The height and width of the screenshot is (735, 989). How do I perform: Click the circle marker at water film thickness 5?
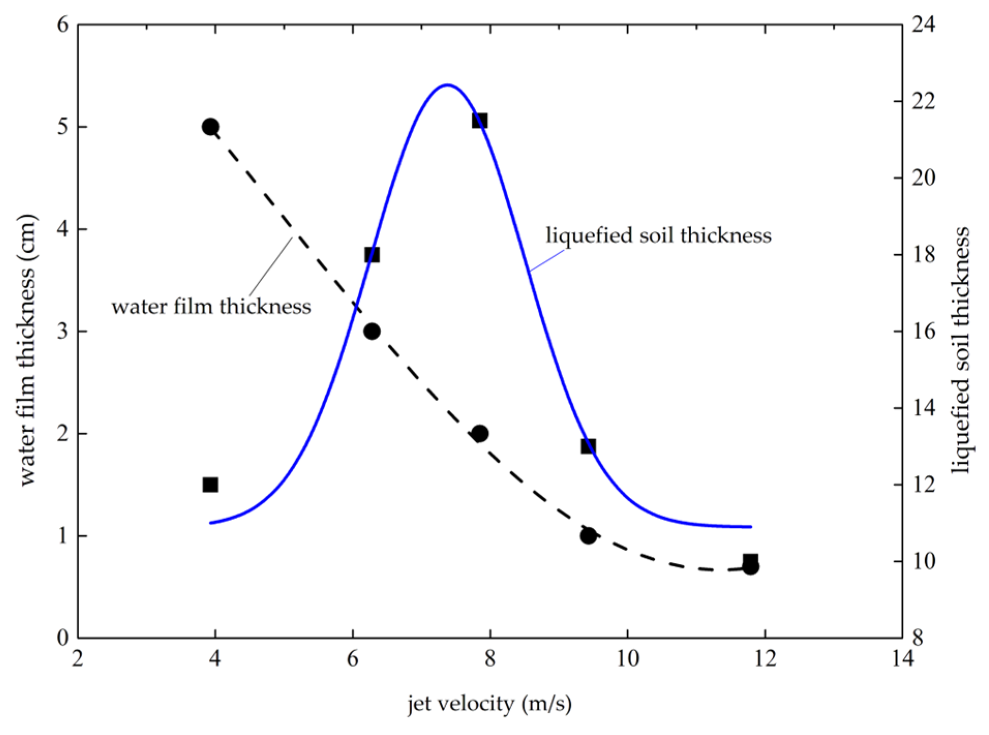point(210,127)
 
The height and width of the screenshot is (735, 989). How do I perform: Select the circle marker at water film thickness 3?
point(372,331)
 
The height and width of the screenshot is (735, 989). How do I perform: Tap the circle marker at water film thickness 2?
point(480,433)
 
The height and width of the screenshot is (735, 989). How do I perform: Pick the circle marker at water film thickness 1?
point(588,535)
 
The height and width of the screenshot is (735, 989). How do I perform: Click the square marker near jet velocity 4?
point(210,484)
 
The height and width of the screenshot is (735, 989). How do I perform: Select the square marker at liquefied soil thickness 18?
point(372,254)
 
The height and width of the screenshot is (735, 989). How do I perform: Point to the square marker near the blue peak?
point(480,120)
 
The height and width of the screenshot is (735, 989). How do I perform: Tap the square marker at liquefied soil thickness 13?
point(588,446)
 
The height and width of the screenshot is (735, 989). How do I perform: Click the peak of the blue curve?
point(447,85)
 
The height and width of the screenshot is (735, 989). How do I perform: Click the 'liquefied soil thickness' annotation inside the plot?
point(658,236)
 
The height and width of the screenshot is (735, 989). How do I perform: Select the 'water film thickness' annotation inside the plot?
point(211,307)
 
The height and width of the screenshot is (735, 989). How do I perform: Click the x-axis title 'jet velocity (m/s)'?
point(489,704)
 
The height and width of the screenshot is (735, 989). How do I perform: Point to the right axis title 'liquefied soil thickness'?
point(961,349)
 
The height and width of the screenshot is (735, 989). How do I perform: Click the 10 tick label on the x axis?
point(628,659)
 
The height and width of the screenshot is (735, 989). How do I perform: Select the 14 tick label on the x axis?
point(902,659)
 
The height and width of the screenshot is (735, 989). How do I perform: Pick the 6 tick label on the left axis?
point(63,24)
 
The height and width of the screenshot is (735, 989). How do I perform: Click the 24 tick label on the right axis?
point(923,24)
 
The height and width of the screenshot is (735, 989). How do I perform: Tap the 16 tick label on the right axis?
point(923,331)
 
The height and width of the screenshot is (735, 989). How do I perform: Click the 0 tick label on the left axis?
point(63,638)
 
